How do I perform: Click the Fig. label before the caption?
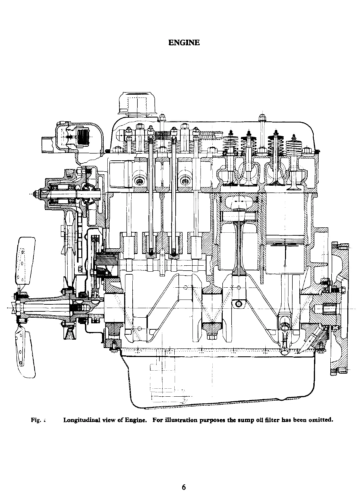coord(35,420)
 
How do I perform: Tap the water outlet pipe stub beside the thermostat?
coord(48,143)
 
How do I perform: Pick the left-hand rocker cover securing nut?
coord(162,117)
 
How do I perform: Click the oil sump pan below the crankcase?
coord(217,377)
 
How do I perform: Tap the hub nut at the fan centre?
coord(15,305)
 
